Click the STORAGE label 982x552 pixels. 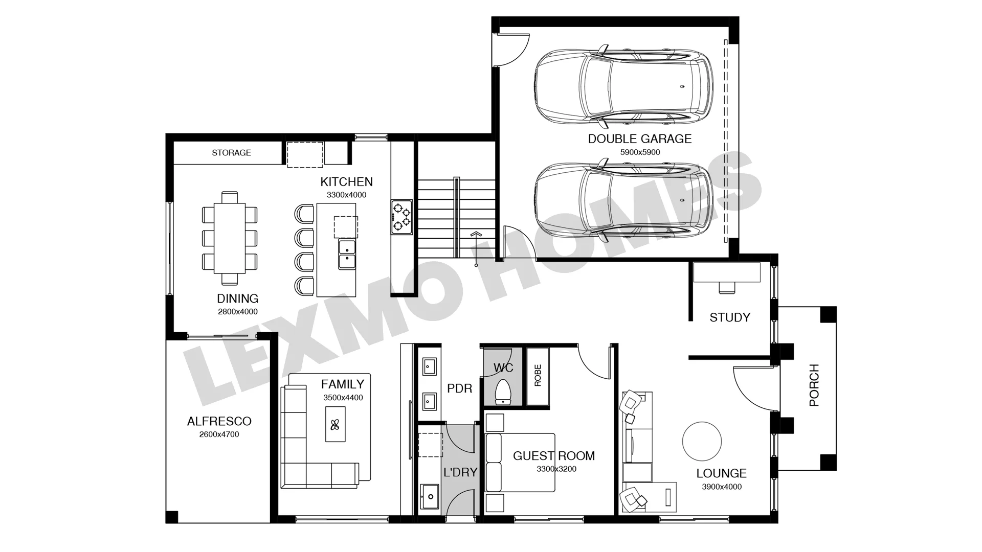pyautogui.click(x=231, y=152)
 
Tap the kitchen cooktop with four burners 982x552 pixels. pyautogui.click(x=401, y=217)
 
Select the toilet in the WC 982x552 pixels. pyautogui.click(x=503, y=392)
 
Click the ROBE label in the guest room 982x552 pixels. pyautogui.click(x=538, y=376)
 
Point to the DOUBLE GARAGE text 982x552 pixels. pyautogui.click(x=639, y=139)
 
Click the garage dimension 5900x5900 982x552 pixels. pyautogui.click(x=640, y=152)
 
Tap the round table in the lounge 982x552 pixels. pyautogui.click(x=702, y=441)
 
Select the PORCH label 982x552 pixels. pyautogui.click(x=814, y=385)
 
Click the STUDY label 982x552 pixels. pyautogui.click(x=730, y=317)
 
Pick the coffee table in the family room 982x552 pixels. pyautogui.click(x=336, y=424)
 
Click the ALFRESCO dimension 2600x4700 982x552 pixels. pyautogui.click(x=219, y=434)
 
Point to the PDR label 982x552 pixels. pyautogui.click(x=460, y=388)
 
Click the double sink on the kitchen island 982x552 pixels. pyautogui.click(x=347, y=255)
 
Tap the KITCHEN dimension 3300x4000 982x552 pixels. pyautogui.click(x=346, y=195)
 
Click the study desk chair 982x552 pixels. pyautogui.click(x=726, y=287)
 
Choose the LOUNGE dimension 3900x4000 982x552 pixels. pyautogui.click(x=721, y=487)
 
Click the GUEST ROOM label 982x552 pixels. pyautogui.click(x=554, y=456)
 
